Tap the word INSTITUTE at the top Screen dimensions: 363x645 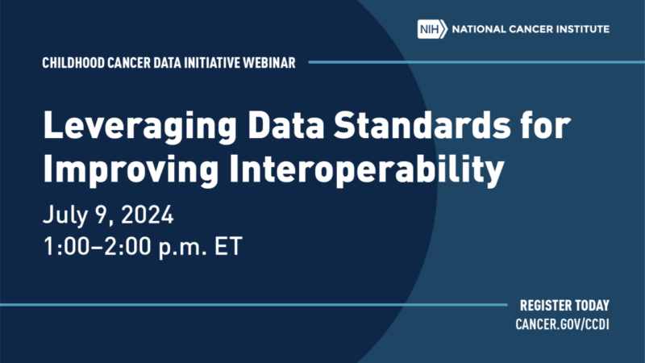coord(582,29)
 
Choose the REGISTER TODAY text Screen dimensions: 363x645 coord(564,306)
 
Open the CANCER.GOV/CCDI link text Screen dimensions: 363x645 coord(562,325)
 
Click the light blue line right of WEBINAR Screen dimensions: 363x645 coord(476,62)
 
